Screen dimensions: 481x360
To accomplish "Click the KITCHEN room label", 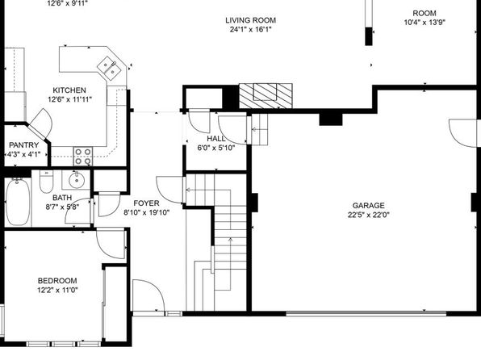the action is pos(69,90).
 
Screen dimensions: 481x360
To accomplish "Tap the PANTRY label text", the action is pos(24,144).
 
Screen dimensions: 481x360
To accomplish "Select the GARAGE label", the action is pos(368,205).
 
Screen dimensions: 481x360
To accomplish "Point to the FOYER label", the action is pos(146,203).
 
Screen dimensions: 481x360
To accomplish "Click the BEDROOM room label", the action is pos(57,281).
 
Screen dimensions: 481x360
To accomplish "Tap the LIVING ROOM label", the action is pos(251,20).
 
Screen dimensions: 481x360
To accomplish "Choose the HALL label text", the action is pos(216,138).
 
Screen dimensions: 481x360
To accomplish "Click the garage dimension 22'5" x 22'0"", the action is pos(368,215).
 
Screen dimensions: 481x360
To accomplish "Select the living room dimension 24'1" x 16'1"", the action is pos(251,30).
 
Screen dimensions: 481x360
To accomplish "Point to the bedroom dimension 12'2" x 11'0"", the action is pos(57,290).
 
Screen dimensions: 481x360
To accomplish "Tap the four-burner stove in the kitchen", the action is pos(83,157).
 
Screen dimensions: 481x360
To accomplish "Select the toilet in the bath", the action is pos(46,182).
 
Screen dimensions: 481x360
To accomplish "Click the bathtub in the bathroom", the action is pos(18,202).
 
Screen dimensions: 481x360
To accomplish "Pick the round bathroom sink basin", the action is pos(76,181).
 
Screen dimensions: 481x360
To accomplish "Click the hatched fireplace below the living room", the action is pos(266,96).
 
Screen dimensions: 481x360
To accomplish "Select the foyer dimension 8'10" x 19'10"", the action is pos(146,212).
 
